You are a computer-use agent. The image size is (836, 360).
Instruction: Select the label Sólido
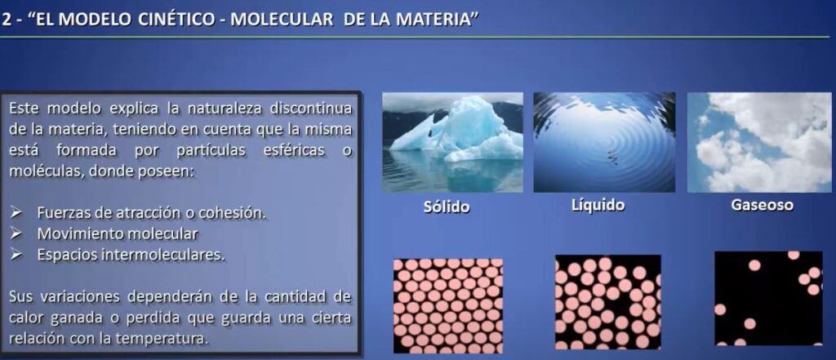click(447, 207)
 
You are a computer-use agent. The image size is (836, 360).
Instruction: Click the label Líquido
click(597, 206)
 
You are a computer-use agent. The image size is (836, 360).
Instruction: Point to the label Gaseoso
click(762, 206)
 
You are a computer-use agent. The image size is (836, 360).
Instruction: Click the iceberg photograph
click(452, 142)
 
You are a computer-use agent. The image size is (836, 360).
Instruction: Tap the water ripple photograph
click(604, 142)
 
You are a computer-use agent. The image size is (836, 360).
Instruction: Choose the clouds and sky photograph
click(759, 142)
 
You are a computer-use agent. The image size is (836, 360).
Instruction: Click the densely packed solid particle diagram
click(448, 305)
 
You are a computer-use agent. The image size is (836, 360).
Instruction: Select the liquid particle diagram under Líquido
click(607, 302)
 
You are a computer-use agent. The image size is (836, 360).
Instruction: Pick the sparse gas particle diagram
click(768, 298)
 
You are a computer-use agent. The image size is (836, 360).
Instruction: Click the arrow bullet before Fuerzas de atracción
click(16, 213)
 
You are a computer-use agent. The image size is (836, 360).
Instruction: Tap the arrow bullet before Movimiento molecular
click(16, 234)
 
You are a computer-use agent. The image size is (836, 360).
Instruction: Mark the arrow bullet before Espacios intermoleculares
click(16, 255)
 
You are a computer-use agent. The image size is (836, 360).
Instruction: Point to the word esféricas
click(294, 150)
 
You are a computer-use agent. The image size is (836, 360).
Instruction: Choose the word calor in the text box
click(27, 318)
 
